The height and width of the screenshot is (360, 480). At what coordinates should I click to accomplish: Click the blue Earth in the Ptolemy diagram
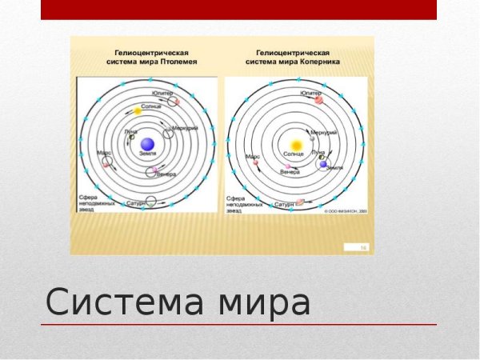tap(146, 144)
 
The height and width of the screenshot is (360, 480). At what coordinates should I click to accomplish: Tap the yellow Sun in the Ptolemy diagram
tap(137, 111)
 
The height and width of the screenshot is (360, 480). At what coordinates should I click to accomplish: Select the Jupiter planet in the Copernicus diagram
tap(318, 100)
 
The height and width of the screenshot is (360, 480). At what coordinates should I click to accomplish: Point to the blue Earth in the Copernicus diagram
tap(324, 164)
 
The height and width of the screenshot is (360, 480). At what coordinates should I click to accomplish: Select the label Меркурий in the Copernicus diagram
tap(322, 131)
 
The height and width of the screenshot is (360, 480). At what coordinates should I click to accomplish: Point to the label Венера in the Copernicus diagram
tap(290, 172)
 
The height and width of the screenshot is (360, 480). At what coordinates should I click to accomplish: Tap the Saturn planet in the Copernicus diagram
tap(301, 202)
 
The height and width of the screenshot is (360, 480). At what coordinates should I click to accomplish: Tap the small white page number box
tap(362, 249)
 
